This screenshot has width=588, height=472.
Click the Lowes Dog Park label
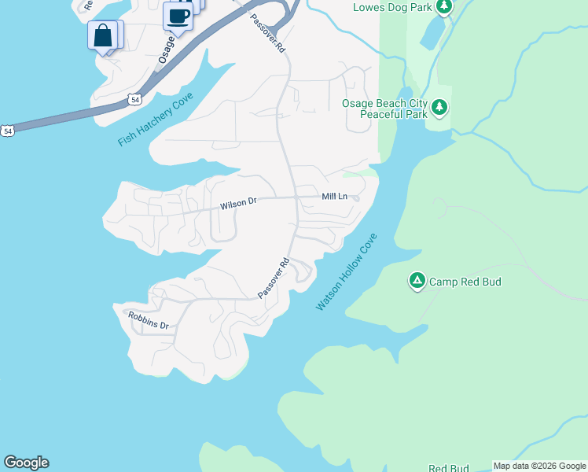coord(394,7)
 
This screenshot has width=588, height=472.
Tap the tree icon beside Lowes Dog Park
coord(444,7)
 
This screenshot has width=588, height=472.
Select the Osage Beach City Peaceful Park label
coord(384,109)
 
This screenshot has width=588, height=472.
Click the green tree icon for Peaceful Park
coord(439,106)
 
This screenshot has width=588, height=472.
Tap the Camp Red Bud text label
coord(465,282)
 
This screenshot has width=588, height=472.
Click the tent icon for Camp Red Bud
coord(417,280)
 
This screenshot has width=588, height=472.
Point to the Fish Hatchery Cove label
coord(156,119)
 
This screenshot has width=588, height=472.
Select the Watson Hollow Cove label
coord(347,271)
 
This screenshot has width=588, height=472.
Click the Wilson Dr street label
coord(238,204)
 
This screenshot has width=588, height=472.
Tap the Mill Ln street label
coord(334,196)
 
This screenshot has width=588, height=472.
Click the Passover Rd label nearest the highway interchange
coord(268,33)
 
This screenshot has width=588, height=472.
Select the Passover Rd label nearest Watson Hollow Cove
coord(274,279)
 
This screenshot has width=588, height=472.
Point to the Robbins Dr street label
coord(149,320)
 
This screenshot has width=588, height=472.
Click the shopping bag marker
coord(102,36)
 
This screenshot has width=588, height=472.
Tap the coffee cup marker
coord(178,17)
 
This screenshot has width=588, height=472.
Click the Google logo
coord(26,463)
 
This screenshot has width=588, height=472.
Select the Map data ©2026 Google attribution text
coord(539,466)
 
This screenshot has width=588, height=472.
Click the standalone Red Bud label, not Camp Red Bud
coord(448,469)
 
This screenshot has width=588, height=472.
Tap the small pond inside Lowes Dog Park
coord(431,33)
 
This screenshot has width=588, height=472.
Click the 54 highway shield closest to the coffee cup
coord(135,99)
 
